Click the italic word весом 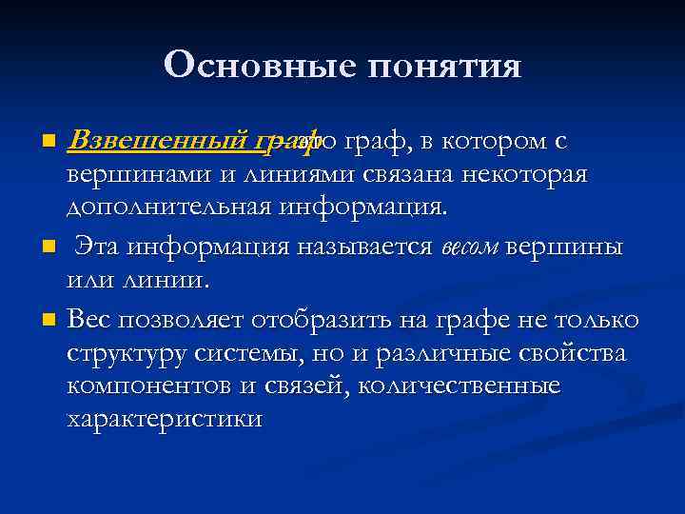[469, 247]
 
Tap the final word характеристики [164, 419]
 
